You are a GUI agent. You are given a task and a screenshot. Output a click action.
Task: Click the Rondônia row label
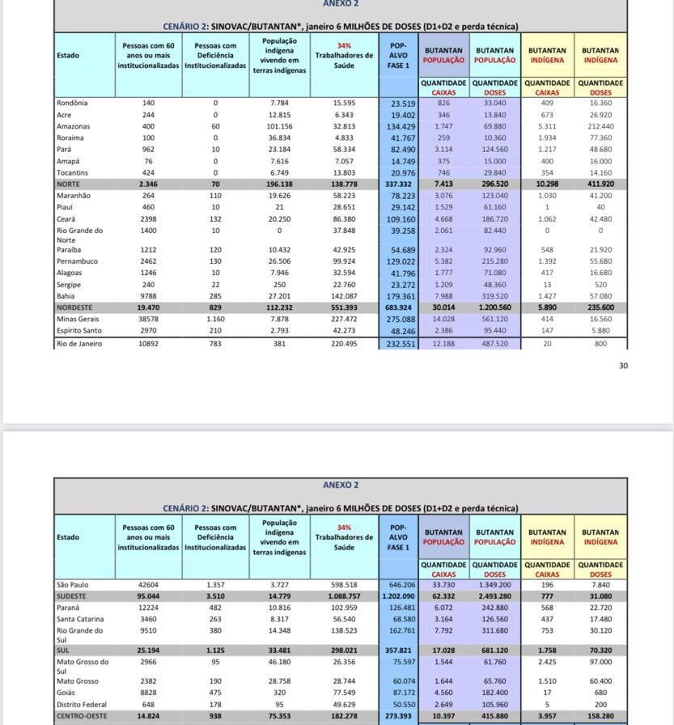pos(72,104)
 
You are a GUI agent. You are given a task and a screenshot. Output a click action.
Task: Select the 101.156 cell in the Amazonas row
pos(279,127)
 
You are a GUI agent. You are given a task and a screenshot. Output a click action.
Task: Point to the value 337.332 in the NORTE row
pos(397,184)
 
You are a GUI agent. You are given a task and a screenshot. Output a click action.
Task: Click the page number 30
pos(623,366)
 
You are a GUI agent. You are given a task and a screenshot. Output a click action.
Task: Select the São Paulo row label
pos(73,585)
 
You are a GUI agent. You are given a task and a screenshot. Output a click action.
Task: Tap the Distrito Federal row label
pos(82,704)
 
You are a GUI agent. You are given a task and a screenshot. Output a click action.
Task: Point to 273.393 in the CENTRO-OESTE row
pos(397,716)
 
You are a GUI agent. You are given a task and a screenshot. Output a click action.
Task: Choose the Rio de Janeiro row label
pos(79,344)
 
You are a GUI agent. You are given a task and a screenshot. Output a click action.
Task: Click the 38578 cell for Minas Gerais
pos(147,320)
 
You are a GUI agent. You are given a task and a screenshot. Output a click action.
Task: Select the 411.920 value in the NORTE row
pos(600,184)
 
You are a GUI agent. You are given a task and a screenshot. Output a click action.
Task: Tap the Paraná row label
pos(69,608)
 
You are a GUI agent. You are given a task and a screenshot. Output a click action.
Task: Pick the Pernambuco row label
pos(76,262)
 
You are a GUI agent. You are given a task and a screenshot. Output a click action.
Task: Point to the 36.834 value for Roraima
pos(279,138)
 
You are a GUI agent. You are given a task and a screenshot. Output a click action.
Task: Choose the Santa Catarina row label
pos(79,619)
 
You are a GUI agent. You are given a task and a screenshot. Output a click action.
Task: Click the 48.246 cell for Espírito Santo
pos(402,332)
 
